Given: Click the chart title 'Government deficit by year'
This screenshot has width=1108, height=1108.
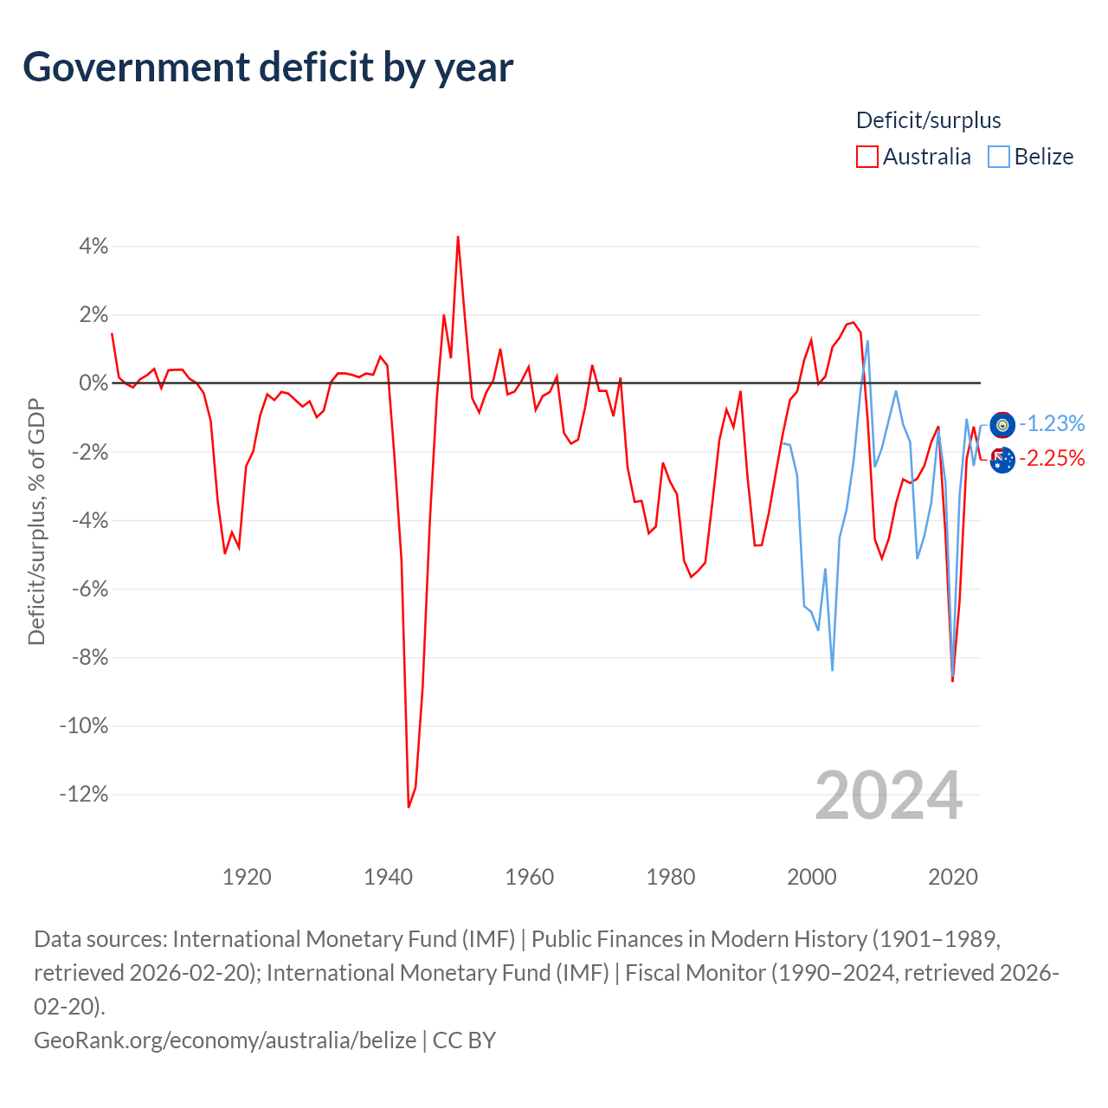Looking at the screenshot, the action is (x=267, y=68).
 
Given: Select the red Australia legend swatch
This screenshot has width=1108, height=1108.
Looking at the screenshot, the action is (x=866, y=157).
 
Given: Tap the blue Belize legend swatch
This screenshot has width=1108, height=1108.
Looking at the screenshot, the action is (x=998, y=157).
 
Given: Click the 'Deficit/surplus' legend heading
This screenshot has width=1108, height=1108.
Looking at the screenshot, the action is (x=928, y=120).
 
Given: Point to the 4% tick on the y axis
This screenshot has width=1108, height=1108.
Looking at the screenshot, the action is (x=93, y=246).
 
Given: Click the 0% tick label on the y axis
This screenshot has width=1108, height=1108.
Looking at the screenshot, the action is (x=93, y=383).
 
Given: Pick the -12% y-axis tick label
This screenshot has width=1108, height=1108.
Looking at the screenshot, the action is (x=84, y=794).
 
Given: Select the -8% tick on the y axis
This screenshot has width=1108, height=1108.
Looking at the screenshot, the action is (x=90, y=657).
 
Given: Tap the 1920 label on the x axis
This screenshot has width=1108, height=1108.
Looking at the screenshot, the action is (x=247, y=877).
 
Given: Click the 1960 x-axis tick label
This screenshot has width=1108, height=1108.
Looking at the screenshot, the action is (x=529, y=877).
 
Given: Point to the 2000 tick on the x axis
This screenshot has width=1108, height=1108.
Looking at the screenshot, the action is (x=811, y=877).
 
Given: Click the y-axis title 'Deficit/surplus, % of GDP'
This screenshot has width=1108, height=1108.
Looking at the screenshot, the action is (x=36, y=521).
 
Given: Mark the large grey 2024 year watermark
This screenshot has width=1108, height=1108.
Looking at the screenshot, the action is (x=888, y=796).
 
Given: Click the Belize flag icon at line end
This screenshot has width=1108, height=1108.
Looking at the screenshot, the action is (x=1002, y=425).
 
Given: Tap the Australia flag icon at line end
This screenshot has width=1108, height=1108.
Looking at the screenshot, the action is (x=1002, y=460).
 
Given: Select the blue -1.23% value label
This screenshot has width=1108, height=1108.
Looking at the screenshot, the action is (x=1052, y=424).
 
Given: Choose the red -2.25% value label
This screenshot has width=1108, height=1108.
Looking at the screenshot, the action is (x=1052, y=458).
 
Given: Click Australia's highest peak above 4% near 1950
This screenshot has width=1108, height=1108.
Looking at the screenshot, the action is (x=458, y=237).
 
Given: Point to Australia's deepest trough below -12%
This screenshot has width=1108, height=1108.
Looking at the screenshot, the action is (x=409, y=807).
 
